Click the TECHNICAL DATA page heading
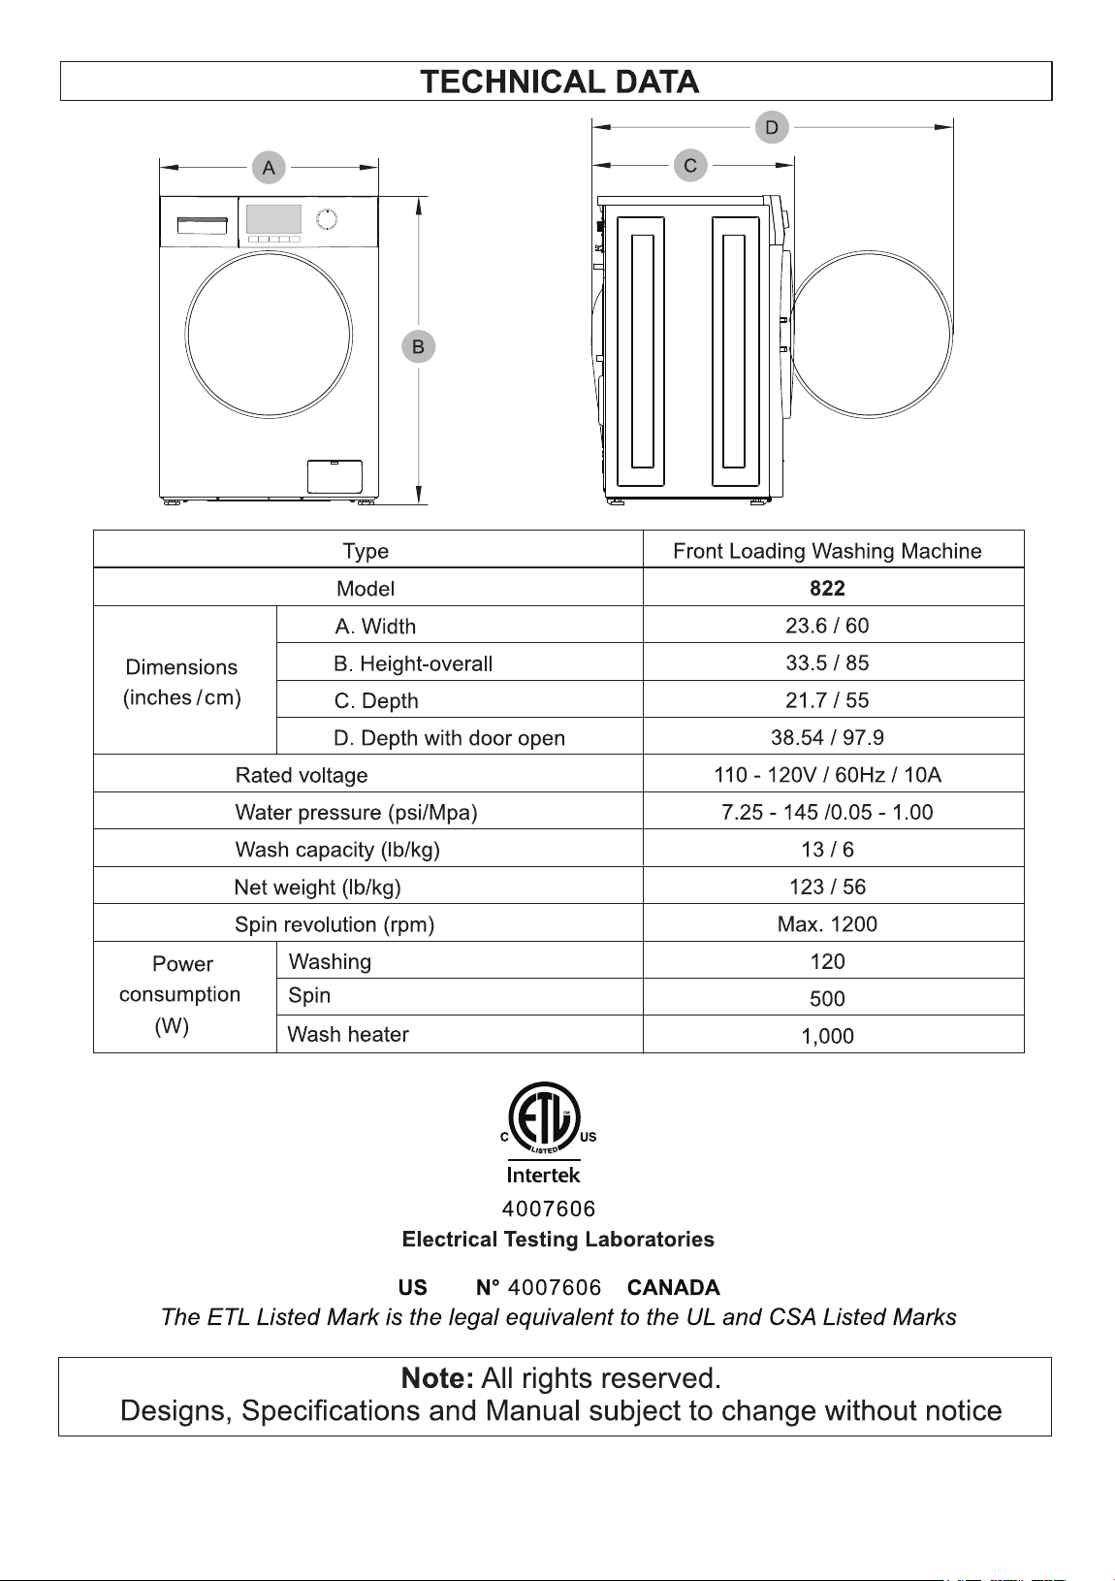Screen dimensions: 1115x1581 558,81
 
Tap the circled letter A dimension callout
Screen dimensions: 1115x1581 269,167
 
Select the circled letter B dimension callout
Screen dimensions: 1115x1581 419,346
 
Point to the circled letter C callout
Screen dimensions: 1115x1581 690,165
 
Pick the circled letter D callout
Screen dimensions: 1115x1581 772,127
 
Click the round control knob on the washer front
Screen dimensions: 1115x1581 327,219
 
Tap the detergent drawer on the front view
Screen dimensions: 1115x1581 202,225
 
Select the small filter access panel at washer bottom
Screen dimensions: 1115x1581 335,476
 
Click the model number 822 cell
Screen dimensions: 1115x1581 827,588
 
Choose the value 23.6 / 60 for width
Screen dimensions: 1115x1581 827,626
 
